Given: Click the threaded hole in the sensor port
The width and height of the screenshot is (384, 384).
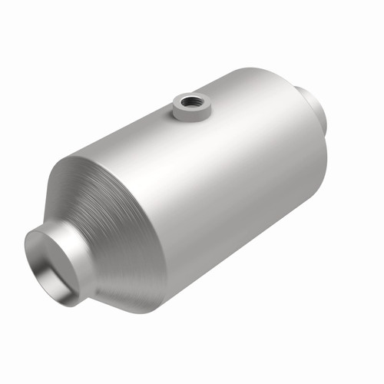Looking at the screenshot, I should click(187, 100).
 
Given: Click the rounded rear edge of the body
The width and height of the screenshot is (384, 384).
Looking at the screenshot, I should click(323, 154).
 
